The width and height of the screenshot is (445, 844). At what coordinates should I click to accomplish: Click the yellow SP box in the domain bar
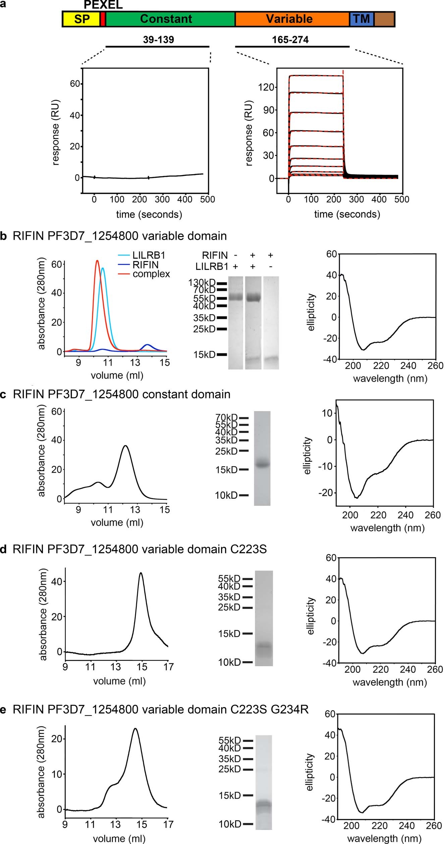tap(81, 19)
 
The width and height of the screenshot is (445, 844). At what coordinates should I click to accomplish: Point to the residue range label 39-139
tap(158, 40)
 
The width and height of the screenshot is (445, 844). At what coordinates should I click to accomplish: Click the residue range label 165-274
tap(290, 40)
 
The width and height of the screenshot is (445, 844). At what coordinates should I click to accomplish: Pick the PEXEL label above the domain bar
tap(103, 5)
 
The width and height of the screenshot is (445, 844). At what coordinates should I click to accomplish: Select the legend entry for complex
tap(151, 274)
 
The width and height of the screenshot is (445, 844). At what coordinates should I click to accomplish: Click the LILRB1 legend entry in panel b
tap(149, 255)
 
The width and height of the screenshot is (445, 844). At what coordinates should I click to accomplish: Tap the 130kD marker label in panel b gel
tap(202, 283)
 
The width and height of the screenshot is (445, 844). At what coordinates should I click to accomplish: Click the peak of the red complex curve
tap(97, 260)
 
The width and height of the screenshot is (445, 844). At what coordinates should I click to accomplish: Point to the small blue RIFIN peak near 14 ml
tap(147, 344)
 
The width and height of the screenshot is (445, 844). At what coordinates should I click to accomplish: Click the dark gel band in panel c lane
tap(262, 464)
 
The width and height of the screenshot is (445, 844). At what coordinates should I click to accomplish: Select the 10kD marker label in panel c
tap(226, 495)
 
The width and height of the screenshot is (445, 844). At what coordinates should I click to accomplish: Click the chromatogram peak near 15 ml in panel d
tap(141, 573)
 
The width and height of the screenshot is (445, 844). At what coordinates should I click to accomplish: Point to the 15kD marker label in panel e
tap(230, 795)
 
